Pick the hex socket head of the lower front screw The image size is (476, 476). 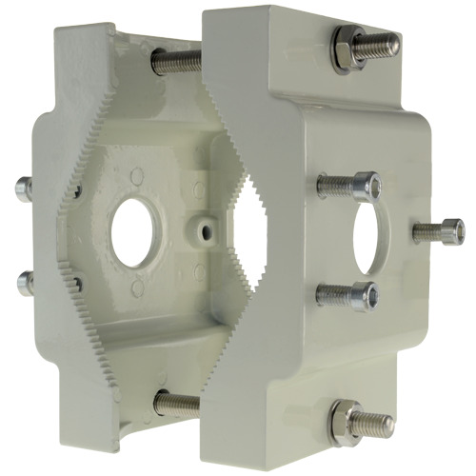point(363,298)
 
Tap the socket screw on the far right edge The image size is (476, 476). point(450,229)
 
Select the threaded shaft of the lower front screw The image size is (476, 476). point(333,294)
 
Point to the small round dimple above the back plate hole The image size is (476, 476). point(137,176)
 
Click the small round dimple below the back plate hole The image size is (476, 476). point(134,291)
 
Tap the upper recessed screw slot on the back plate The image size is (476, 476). point(73,189)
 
